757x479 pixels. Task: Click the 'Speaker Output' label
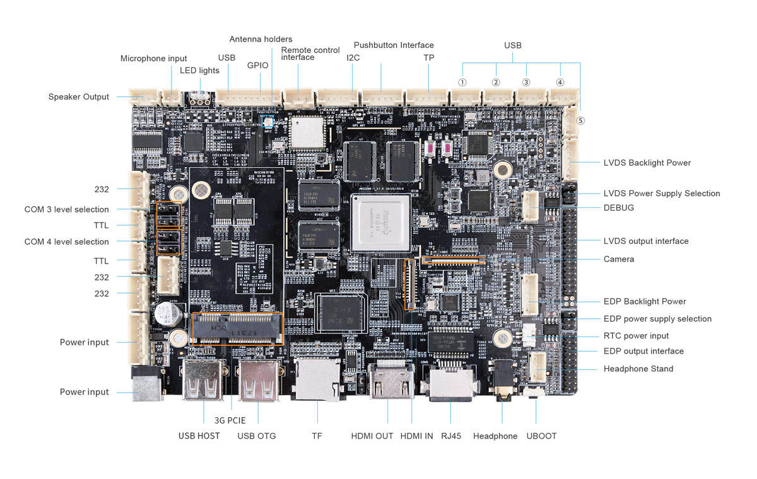pyautogui.click(x=79, y=97)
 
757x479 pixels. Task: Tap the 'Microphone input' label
pyautogui.click(x=153, y=59)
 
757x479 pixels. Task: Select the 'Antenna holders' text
pyautogui.click(x=261, y=39)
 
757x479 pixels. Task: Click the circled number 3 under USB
pyautogui.click(x=526, y=83)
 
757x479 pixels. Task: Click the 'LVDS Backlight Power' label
pyautogui.click(x=647, y=163)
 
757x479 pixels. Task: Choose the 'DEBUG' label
pyautogui.click(x=618, y=207)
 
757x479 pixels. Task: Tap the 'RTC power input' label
pyautogui.click(x=636, y=336)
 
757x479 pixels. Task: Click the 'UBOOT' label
pyautogui.click(x=541, y=436)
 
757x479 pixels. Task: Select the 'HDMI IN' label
pyautogui.click(x=416, y=436)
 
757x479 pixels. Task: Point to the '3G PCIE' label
pyautogui.click(x=230, y=420)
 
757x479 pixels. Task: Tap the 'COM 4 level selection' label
pyautogui.click(x=66, y=242)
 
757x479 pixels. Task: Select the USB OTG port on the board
pyautogui.click(x=257, y=383)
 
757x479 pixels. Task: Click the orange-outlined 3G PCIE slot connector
pyautogui.click(x=237, y=329)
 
